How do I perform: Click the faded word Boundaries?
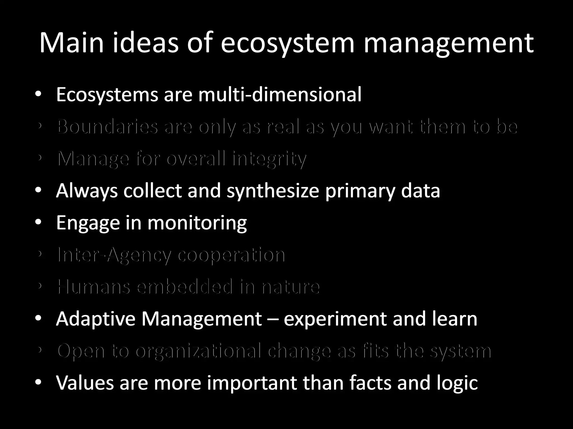tap(107, 127)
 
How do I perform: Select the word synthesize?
tap(273, 191)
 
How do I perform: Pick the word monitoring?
tap(197, 223)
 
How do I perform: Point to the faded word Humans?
tap(94, 287)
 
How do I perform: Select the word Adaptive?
tap(96, 319)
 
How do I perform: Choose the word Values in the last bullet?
tap(85, 383)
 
